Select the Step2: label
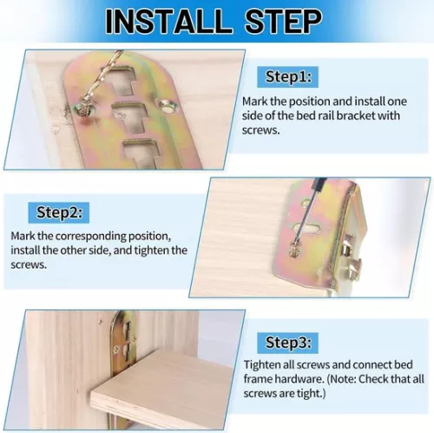[x=60, y=211]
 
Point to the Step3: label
[x=292, y=342]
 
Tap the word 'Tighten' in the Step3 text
[x=262, y=364]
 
